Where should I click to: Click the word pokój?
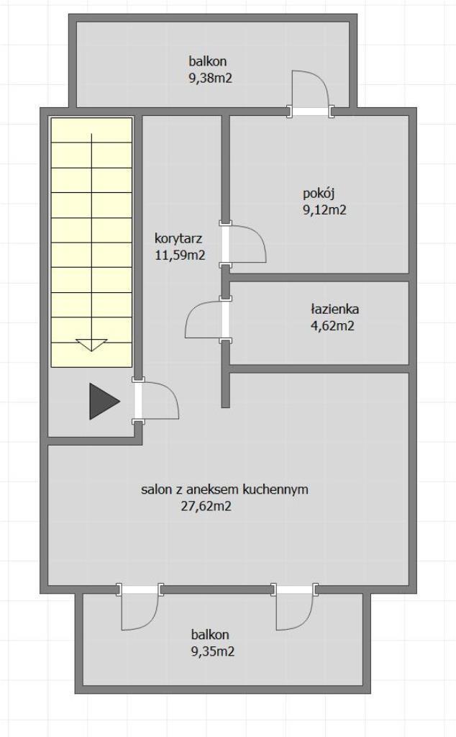coord(319,194)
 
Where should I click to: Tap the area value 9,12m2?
coord(324,209)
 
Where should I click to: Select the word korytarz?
coord(178,239)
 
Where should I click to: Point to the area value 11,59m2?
coord(180,256)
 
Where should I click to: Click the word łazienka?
coord(334,309)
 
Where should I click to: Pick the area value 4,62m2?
coord(332,325)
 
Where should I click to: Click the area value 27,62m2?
coord(206,506)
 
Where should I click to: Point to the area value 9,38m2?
coord(211,78)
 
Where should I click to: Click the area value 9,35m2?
coord(213,651)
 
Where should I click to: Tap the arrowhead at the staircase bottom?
coord(91,345)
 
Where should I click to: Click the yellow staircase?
coord(91,242)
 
